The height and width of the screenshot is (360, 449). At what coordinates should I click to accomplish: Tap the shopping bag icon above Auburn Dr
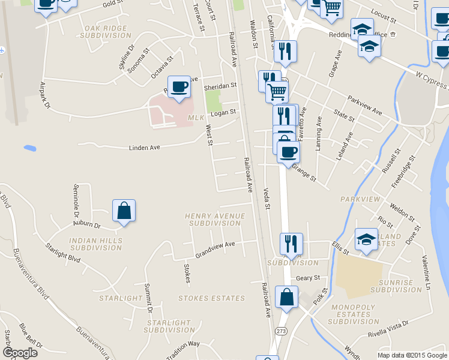124,211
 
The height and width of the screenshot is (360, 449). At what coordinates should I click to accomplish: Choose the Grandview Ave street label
214,247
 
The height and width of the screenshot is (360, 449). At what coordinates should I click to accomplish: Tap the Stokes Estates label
211,298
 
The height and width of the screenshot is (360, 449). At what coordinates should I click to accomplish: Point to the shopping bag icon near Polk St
287,297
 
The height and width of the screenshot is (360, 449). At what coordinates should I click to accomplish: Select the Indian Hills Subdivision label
96,244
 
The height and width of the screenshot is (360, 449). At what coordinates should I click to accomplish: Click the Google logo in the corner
20,352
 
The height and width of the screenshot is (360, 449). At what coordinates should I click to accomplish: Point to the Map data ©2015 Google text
412,355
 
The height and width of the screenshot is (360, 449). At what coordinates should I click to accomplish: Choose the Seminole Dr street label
76,201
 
